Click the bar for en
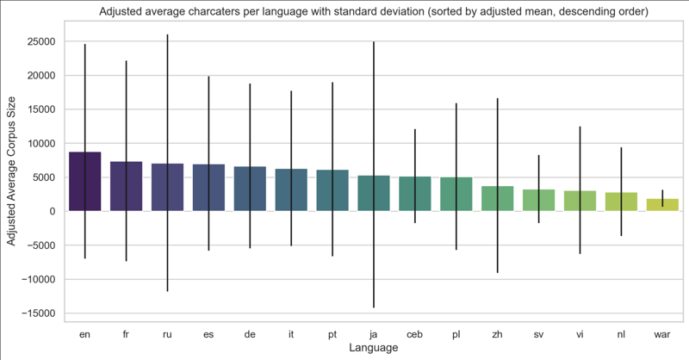click(84, 182)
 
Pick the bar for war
click(663, 205)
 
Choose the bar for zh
click(498, 199)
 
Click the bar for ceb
click(415, 194)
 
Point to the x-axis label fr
click(126, 333)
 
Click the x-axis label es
click(208, 333)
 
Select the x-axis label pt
click(332, 333)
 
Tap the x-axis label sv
click(539, 333)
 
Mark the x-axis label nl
click(622, 333)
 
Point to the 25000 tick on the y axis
click(41, 42)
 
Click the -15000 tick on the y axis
click(39, 313)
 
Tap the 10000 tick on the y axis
click(41, 144)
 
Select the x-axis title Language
click(374, 348)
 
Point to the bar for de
click(250, 189)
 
